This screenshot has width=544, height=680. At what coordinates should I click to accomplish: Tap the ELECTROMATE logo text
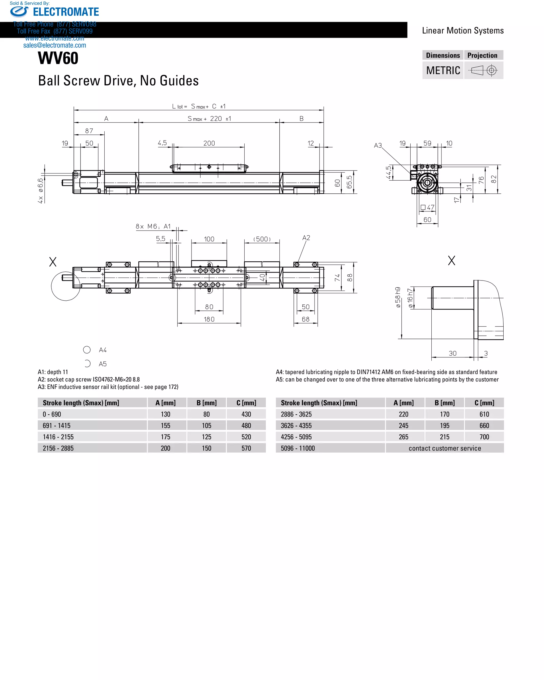pos(66,12)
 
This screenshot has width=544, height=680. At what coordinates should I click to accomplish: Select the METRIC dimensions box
pos(443,70)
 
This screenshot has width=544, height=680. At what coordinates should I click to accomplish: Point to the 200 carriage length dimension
pos(209,143)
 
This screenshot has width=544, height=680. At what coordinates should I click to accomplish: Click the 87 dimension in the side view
pos(89,131)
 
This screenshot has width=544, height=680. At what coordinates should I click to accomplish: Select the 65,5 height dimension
pos(349,182)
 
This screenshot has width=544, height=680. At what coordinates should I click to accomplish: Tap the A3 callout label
pos(377,145)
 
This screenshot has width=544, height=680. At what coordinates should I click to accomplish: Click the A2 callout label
pos(306,238)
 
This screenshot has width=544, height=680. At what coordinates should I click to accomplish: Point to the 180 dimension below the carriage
pos(209,319)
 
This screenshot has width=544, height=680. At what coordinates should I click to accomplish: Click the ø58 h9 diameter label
pos(398,297)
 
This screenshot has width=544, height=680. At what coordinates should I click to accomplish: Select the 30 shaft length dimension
pos(453,353)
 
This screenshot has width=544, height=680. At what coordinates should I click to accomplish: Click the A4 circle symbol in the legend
pos(87,350)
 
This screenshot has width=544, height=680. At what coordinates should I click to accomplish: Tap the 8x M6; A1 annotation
pos(153,227)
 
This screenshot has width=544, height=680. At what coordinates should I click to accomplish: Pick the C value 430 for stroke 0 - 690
pos(246,414)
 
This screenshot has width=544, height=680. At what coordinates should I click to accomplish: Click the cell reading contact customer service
pos(445,448)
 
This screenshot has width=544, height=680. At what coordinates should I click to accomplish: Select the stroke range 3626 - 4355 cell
pos(296,426)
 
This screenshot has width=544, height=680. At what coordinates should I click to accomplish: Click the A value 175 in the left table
pos(165,437)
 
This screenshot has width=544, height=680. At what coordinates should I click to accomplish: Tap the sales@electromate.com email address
pos(54,45)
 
